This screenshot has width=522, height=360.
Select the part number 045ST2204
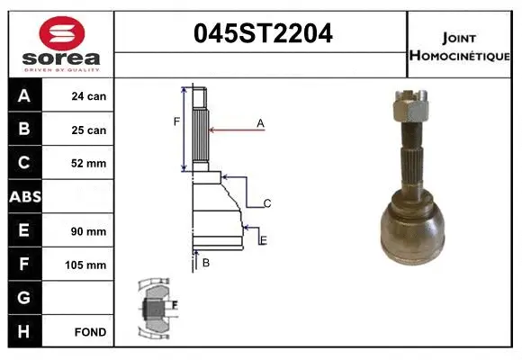tap(263, 34)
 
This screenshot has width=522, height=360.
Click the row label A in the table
tap(24, 95)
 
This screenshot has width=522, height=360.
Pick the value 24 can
tap(89, 96)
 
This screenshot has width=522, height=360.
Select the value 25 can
tap(89, 130)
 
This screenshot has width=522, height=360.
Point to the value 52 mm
tap(89, 164)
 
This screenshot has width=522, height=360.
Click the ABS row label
tap(24, 197)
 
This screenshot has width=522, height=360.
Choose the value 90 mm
tap(89, 231)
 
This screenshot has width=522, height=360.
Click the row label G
tap(24, 298)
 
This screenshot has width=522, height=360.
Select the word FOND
tap(91, 332)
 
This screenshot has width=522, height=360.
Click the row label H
tap(24, 331)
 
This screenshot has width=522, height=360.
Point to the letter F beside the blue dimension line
tap(176, 121)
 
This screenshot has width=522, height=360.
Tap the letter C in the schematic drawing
tap(266, 204)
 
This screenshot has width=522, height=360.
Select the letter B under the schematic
tap(206, 263)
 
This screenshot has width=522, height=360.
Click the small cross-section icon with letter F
tap(158, 306)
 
